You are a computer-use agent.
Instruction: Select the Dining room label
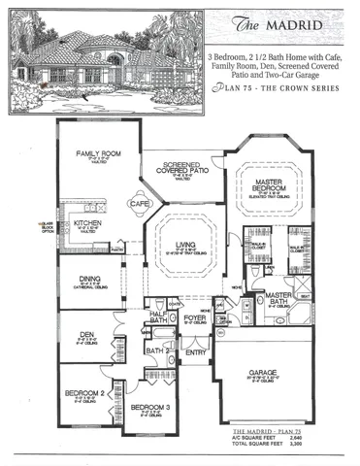point(88,278)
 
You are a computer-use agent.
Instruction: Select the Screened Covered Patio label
point(180,167)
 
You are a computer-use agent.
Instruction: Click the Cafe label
point(139,205)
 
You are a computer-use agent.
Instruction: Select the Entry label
point(197,352)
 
